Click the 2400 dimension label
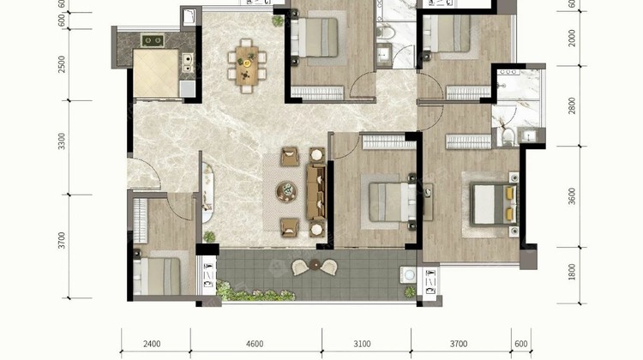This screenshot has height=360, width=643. pos(152,344)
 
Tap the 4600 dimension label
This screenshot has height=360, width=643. pos(255,344)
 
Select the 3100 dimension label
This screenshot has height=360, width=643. pos(362,344)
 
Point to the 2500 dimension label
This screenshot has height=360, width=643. pos(62,64)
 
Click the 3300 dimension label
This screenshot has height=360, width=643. pos(62,141)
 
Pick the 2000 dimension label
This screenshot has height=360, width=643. pos(572,38)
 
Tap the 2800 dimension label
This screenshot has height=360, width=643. pos(572,105)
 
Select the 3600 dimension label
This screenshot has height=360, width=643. pos(572,196)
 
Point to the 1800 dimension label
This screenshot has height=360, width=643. pos(572,272)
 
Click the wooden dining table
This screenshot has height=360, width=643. pos(247,66)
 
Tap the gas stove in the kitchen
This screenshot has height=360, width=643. pos(153,40)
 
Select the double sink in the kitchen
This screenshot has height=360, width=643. pos(188,63)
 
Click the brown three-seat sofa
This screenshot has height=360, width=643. pos(316,192)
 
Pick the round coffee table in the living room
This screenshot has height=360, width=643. pos(286,191)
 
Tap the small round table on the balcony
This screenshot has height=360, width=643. pos(315,265)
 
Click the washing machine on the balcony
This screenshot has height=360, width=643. pos(408,274)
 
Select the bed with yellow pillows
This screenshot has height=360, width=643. pos(493,204)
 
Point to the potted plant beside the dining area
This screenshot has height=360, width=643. pos(278,21)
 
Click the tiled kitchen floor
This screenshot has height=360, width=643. pos(156,73)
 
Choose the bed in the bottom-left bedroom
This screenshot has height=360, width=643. pos(157,276)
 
